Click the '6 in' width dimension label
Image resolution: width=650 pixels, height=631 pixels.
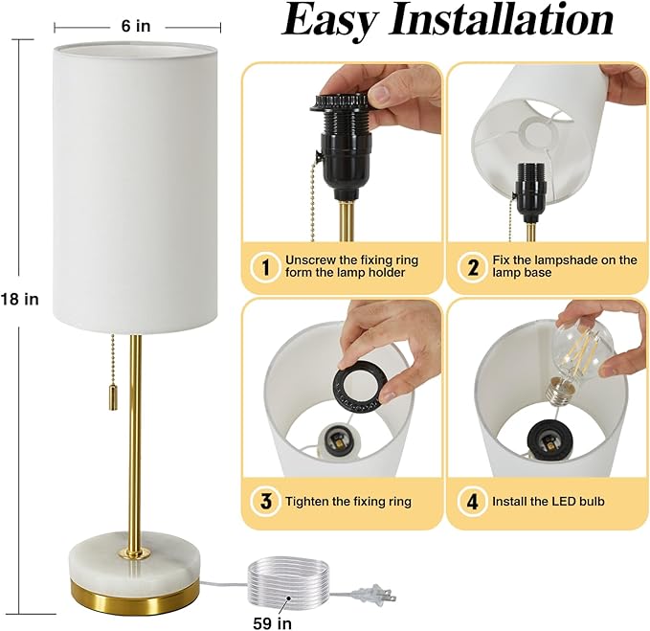tap(137, 26)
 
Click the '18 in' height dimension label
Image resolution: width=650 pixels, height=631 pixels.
tap(19, 299)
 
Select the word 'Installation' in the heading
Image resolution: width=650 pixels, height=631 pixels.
tap(508, 21)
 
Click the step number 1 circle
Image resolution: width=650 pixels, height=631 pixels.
tap(262, 267)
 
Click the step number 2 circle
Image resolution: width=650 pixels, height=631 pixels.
tap(472, 267)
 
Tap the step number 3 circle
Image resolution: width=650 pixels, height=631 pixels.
tap(263, 501)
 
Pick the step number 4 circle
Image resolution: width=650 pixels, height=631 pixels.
tap(471, 501)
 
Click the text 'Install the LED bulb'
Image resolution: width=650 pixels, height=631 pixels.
tap(548, 501)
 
